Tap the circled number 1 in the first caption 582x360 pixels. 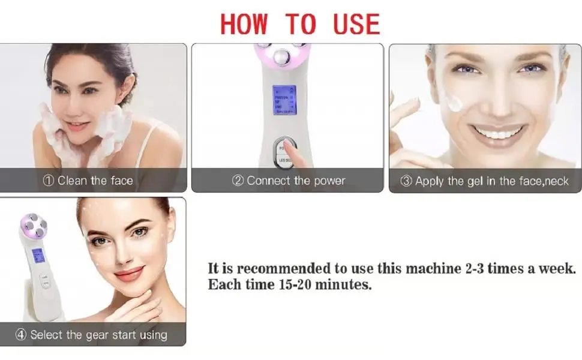49,181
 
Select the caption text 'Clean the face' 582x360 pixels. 95,181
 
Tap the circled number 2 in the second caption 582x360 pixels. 238,181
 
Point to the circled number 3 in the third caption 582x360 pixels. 406,181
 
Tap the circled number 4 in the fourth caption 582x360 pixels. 22,335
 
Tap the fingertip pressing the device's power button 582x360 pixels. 290,146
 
